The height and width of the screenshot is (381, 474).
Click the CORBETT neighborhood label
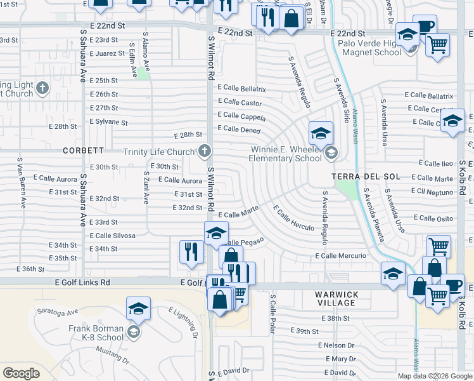[x=83, y=150]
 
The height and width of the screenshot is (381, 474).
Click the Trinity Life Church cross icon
[x=204, y=151]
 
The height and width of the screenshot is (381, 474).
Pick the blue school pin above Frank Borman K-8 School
[x=138, y=309]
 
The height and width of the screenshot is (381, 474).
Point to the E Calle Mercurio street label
[x=340, y=255]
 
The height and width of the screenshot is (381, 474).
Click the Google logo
[x=21, y=373]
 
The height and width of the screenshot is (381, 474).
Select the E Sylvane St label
[x=108, y=121]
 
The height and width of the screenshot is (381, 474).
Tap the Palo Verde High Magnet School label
[x=370, y=48]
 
